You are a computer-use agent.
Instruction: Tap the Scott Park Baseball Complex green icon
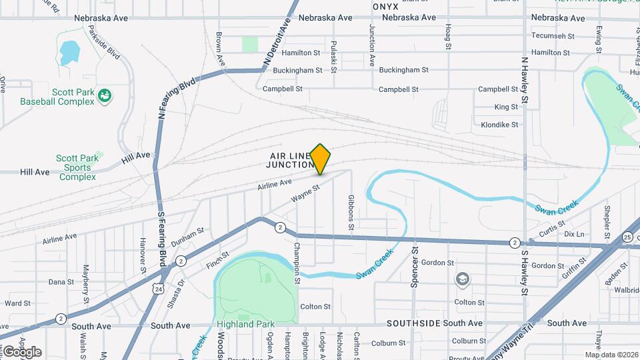coord(104,96)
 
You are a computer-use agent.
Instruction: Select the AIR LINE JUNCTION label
coord(291,160)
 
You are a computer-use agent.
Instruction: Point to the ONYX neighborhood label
coord(385,6)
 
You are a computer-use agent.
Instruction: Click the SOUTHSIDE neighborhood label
coord(415,323)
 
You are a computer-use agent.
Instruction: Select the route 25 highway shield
coord(627,237)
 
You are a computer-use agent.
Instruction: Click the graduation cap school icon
coord(461,278)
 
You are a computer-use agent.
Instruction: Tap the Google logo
coord(22,351)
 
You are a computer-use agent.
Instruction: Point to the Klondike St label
coord(499,125)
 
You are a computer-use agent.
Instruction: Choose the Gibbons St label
coord(351,213)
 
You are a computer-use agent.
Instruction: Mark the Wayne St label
coord(306,194)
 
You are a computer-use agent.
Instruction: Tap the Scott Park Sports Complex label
coord(77,167)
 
